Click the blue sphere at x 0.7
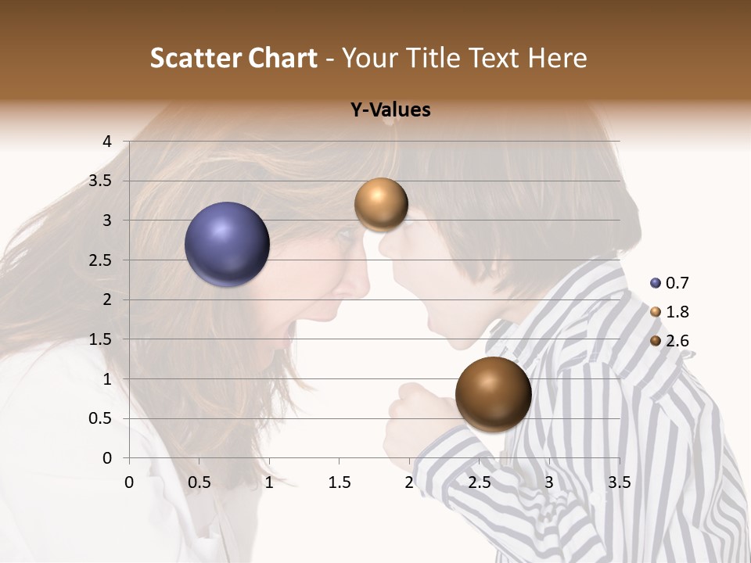point(228,244)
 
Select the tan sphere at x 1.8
point(381,204)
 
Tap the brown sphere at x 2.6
point(493,394)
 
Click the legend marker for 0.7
point(656,283)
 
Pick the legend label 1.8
point(677,312)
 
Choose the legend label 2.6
point(677,341)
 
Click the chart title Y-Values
point(390,110)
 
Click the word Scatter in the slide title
point(193,58)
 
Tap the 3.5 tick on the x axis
point(620,482)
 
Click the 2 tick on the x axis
point(409,482)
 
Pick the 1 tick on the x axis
point(269,482)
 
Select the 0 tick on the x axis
point(129,482)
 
